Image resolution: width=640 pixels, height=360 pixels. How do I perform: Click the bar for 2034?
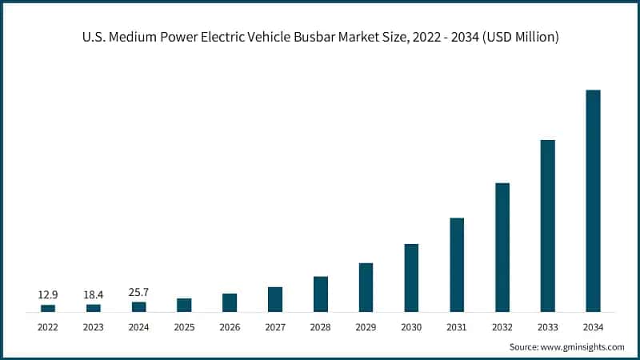tap(593, 201)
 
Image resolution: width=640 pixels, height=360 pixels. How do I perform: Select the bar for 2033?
tap(547, 226)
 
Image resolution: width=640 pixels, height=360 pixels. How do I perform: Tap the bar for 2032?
tap(502, 247)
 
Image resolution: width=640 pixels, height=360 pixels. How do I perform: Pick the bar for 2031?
tap(457, 265)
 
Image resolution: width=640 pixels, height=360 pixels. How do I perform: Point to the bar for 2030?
tap(411, 278)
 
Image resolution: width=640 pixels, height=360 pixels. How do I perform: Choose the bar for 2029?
tap(366, 287)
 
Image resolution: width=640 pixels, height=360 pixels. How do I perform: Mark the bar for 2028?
tap(321, 294)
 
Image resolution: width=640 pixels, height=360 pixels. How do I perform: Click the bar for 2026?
tap(230, 302)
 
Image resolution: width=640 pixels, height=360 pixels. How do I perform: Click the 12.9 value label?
tap(48, 295)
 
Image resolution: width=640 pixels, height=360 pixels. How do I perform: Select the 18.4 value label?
tap(94, 295)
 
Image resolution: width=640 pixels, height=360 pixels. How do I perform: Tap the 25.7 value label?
tap(139, 293)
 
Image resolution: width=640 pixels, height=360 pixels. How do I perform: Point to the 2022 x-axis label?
tap(48, 326)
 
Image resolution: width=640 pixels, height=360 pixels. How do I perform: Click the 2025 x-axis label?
tap(184, 326)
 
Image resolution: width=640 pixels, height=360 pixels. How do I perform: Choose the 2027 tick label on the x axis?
tap(275, 326)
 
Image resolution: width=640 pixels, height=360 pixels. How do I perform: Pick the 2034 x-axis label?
tap(593, 326)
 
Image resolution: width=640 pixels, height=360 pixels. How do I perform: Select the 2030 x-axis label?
tap(411, 326)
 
